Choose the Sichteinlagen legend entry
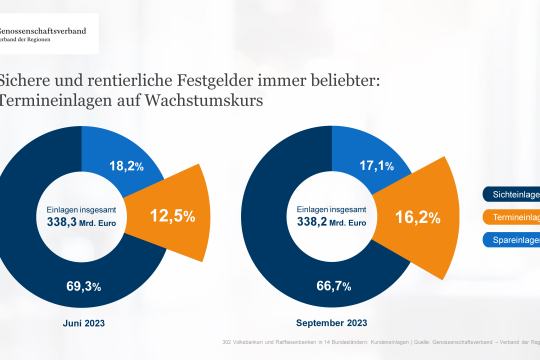pyautogui.click(x=511, y=195)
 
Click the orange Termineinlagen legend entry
pyautogui.click(x=511, y=217)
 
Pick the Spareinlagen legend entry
pyautogui.click(x=511, y=240)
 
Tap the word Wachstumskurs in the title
pyautogui.click(x=189, y=103)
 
